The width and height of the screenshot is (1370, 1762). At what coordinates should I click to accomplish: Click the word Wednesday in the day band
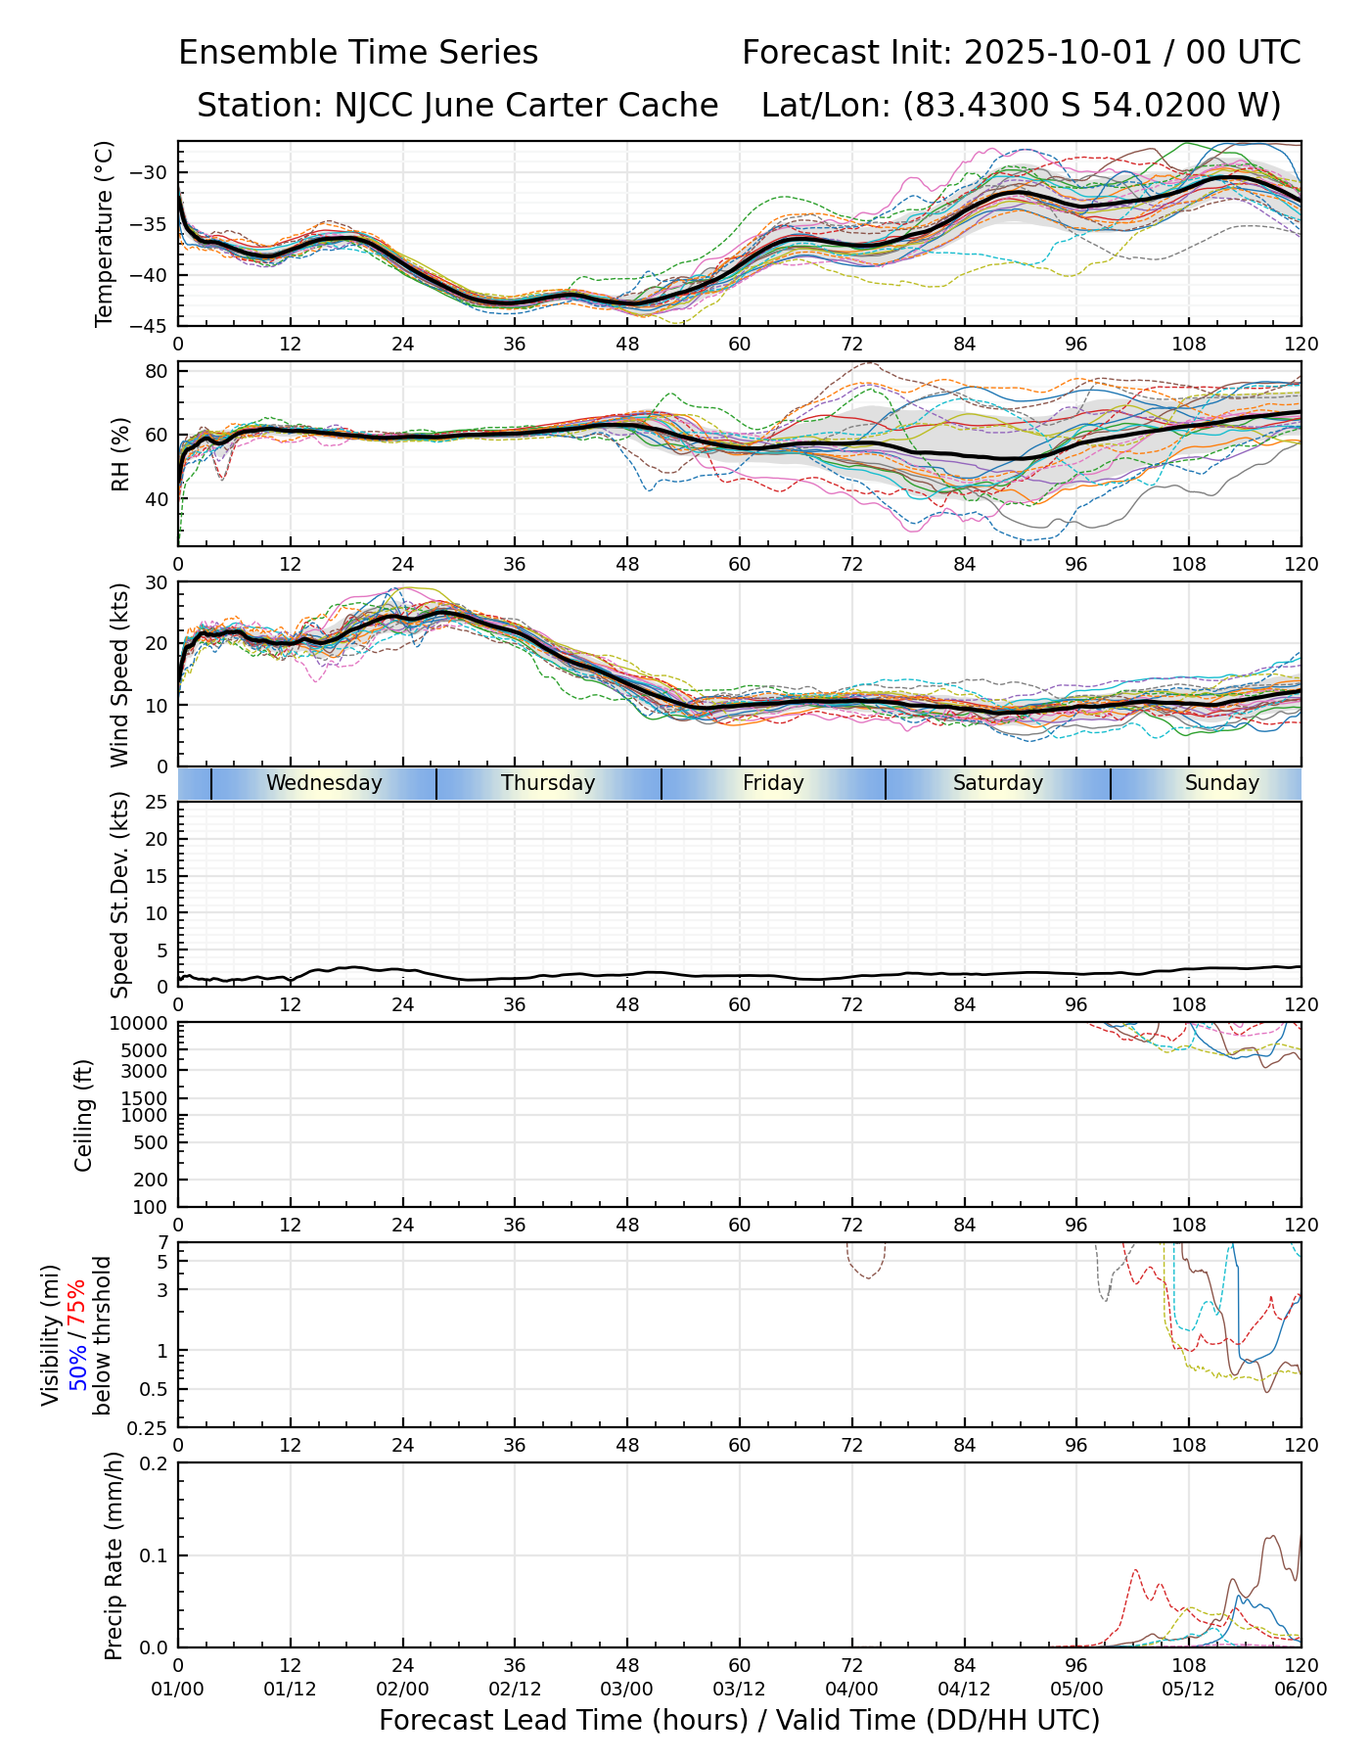point(324,783)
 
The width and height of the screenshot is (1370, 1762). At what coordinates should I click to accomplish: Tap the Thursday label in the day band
point(548,783)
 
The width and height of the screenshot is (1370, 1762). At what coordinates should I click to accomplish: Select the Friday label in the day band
point(773,783)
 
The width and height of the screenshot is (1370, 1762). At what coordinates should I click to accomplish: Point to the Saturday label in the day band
point(998,783)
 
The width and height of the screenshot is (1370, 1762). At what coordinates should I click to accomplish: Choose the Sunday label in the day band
point(1221,783)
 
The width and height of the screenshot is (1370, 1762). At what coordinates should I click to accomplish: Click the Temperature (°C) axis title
point(105,233)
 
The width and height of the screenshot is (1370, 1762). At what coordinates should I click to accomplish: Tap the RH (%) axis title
point(120,454)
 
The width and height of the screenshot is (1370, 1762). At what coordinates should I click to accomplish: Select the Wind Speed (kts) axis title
point(119,674)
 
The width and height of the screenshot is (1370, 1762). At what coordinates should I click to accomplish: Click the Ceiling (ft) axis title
point(84,1115)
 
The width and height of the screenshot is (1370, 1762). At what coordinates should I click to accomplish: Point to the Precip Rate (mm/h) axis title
point(114,1554)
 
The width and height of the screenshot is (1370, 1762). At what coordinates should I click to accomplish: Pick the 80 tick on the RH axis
point(158,371)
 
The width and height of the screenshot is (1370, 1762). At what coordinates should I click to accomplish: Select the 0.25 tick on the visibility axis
point(150,1426)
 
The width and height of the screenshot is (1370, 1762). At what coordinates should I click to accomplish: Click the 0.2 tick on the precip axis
point(155,1463)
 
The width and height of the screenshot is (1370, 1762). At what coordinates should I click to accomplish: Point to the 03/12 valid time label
point(739,1689)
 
